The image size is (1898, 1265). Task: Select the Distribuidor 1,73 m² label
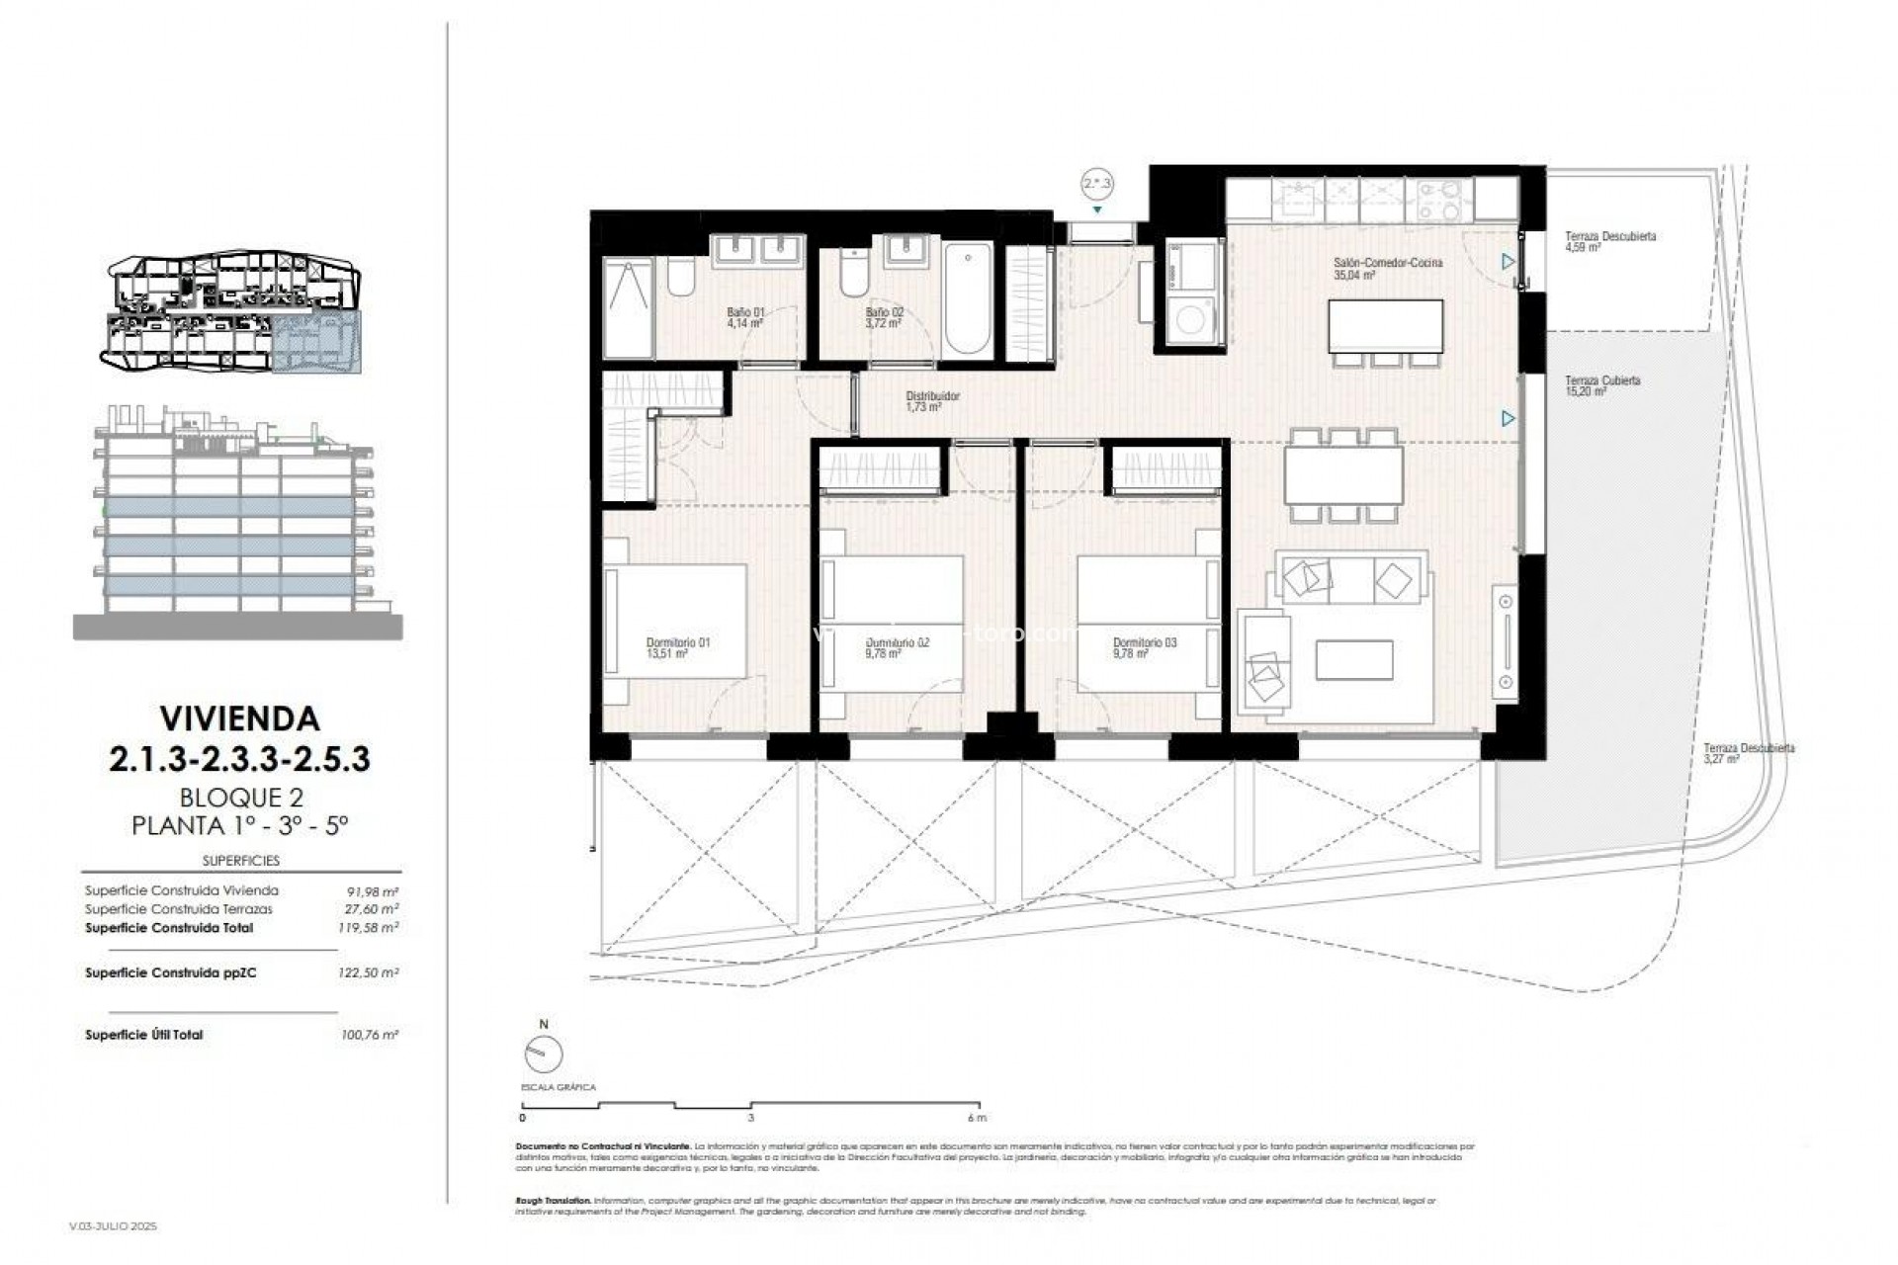(x=932, y=401)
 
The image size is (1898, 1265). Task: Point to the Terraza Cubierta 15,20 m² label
(x=1602, y=385)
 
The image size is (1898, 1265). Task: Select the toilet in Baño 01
(x=681, y=277)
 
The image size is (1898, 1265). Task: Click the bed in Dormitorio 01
(x=677, y=620)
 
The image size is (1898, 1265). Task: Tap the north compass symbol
(x=544, y=1054)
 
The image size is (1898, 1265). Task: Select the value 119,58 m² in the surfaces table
(x=368, y=928)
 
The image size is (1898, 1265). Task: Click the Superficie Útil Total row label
(x=144, y=1035)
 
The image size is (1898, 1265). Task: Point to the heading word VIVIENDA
(x=240, y=718)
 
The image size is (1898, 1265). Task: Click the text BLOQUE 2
(x=240, y=797)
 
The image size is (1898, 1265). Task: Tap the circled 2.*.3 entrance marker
(x=1097, y=184)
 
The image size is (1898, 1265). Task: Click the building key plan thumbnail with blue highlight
(x=234, y=313)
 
